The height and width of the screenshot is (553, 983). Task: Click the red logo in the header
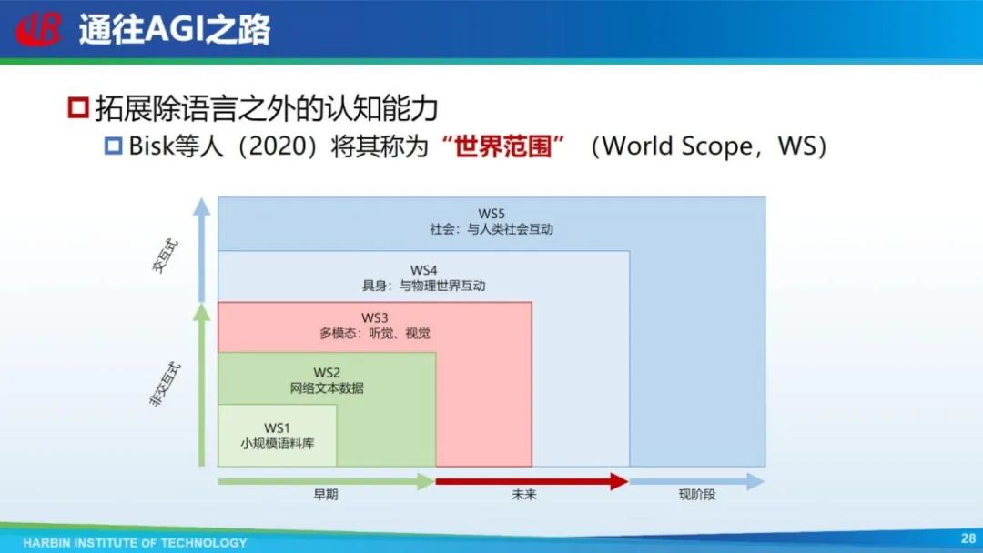coord(39,29)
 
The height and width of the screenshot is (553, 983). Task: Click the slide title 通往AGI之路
coord(174,29)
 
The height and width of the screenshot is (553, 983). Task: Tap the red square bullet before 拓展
coord(77,107)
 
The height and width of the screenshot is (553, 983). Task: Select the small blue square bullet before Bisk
coord(114,146)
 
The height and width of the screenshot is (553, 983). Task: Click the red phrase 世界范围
coord(502,146)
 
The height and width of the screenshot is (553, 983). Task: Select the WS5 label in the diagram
coord(491,214)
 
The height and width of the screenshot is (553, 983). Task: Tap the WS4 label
coord(424,270)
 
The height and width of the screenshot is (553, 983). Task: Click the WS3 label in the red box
coord(375,318)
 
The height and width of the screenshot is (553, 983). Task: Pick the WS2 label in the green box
coord(327,373)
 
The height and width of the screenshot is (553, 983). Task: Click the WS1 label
coord(277,427)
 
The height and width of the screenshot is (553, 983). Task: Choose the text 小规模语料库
coord(277,444)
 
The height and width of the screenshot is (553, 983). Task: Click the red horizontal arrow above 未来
coord(532,481)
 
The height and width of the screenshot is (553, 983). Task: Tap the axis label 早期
coord(326,495)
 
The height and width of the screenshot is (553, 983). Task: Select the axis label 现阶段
coord(697,495)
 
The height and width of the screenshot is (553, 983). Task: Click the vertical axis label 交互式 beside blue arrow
coord(167,256)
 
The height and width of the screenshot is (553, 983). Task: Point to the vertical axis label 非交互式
coord(166,385)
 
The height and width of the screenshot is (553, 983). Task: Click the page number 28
coord(968,538)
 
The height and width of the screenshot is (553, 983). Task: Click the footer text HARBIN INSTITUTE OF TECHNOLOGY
coord(135,543)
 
